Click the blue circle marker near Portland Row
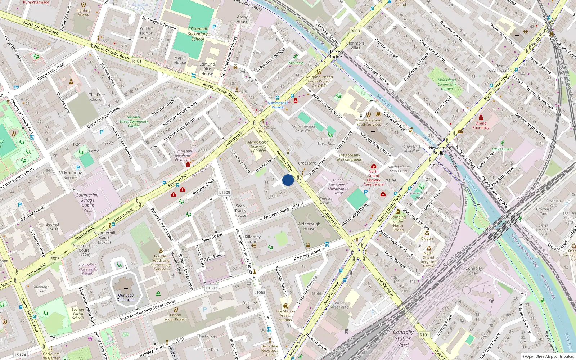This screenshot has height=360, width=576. (x=288, y=180)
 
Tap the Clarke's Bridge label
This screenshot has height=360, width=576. (x=335, y=54)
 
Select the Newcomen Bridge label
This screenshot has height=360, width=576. (x=439, y=150)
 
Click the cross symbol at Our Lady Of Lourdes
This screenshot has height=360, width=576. (x=126, y=289)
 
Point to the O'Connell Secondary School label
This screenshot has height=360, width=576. (x=198, y=34)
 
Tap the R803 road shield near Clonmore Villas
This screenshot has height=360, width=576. (x=355, y=31)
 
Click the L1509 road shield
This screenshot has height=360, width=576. (x=225, y=192)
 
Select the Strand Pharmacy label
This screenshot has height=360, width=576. (x=481, y=125)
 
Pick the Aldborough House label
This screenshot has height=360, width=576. (x=309, y=226)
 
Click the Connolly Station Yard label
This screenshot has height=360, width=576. (x=403, y=338)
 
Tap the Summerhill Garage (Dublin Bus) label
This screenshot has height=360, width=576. (x=87, y=203)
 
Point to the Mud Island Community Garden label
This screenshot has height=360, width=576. (x=447, y=84)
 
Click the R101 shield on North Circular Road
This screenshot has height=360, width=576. (x=137, y=61)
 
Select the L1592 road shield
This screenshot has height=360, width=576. (x=212, y=288)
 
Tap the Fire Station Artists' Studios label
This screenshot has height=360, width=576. (x=285, y=315)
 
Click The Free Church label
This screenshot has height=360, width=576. (x=97, y=97)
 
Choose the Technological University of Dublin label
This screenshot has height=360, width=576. (x=258, y=147)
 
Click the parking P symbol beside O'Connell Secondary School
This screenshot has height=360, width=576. (x=214, y=27)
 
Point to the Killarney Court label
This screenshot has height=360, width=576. (x=252, y=239)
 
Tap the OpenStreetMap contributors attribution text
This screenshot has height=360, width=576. (x=548, y=357)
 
